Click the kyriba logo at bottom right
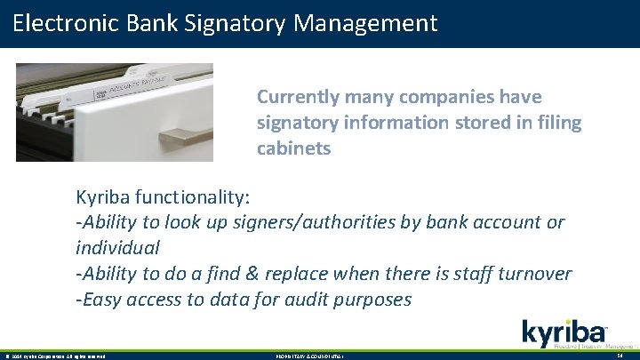pyautogui.click(x=564, y=334)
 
